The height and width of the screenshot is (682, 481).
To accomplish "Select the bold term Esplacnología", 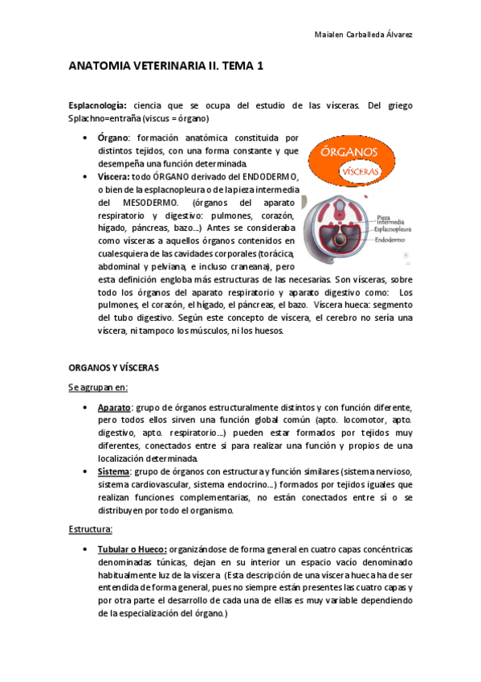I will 98,105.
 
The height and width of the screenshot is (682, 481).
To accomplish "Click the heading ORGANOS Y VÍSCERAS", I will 113,368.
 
